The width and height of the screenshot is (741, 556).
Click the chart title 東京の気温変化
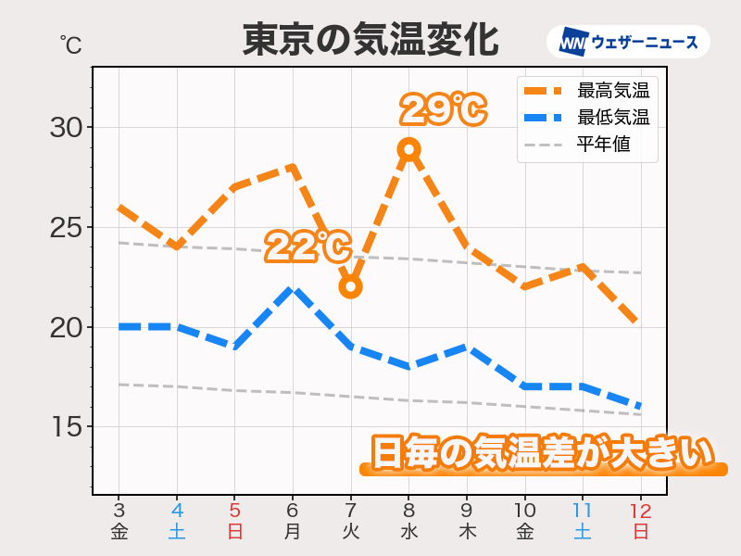coord(370,40)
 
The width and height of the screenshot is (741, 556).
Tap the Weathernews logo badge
coord(628,42)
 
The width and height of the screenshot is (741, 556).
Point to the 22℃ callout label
coord(308,247)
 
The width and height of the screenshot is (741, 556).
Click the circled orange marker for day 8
coord(408,148)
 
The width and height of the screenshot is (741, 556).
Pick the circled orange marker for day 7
coord(350,286)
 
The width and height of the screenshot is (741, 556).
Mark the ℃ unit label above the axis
coord(70,44)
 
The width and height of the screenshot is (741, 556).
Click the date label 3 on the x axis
coord(119,509)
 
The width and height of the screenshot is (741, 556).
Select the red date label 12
coord(640,509)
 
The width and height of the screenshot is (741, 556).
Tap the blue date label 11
coord(583,509)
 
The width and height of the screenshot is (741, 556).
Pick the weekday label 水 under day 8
coord(408,532)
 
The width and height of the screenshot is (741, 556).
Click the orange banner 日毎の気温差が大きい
coord(544,454)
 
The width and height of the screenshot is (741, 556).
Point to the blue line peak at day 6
coord(293,289)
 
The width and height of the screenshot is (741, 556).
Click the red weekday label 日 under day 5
coord(234,532)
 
